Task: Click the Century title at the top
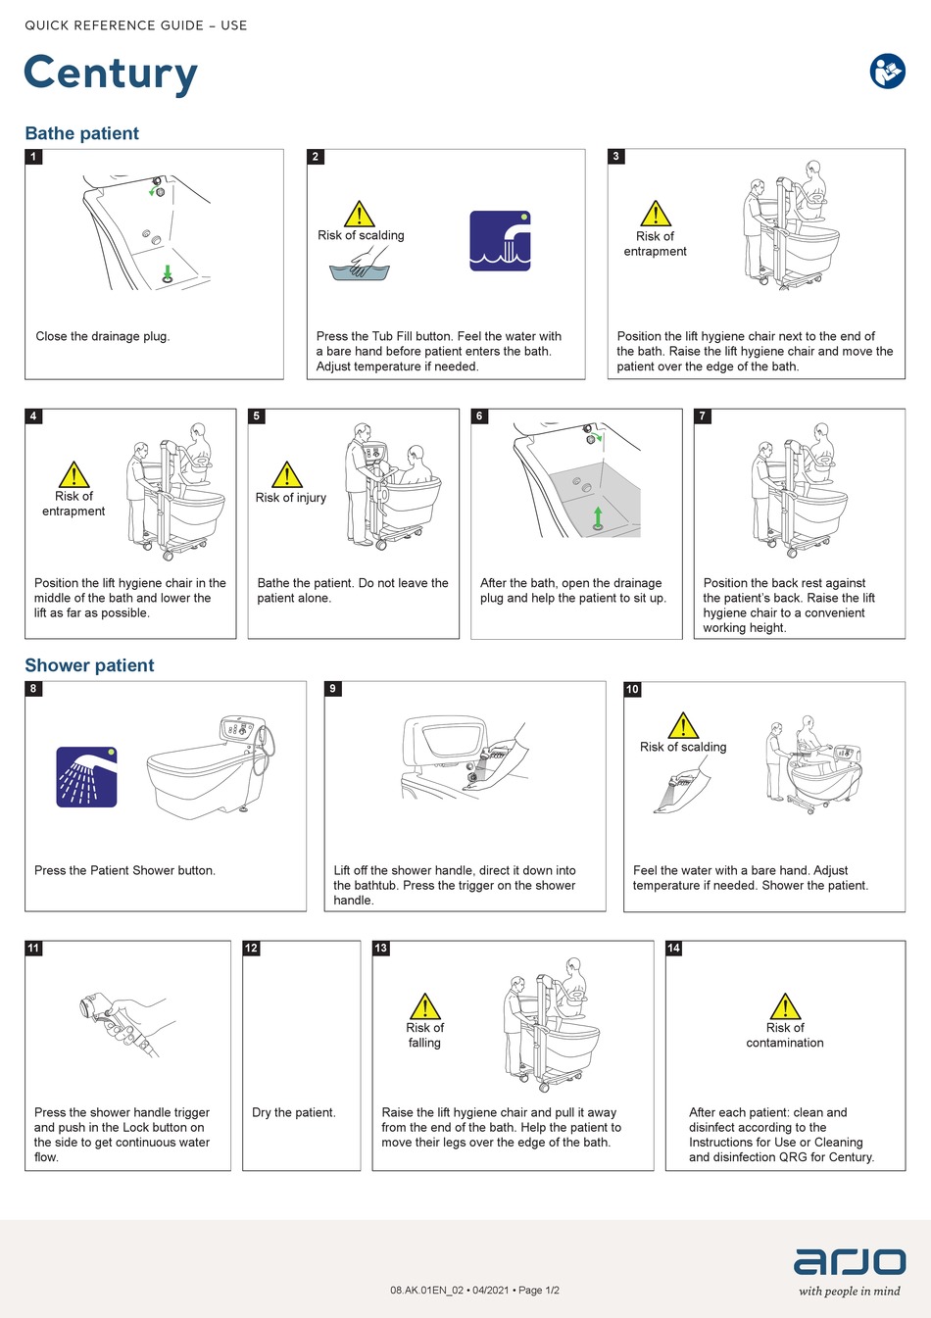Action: coord(111,74)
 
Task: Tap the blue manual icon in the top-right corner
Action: coord(887,71)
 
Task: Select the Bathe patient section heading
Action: coord(82,134)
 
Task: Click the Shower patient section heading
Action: coord(89,665)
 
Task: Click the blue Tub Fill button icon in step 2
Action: coord(500,240)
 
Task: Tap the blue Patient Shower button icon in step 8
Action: coord(87,777)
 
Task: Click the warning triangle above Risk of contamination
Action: coord(785,1006)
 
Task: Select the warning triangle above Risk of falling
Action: coord(424,1006)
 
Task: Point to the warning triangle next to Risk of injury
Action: coord(286,475)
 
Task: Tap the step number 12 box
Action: coord(252,948)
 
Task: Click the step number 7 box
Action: coord(702,416)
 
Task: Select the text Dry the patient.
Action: coord(294,1112)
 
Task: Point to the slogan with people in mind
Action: coord(849,1292)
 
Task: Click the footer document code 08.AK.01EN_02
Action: coord(428,1291)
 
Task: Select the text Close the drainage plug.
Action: coord(103,336)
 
